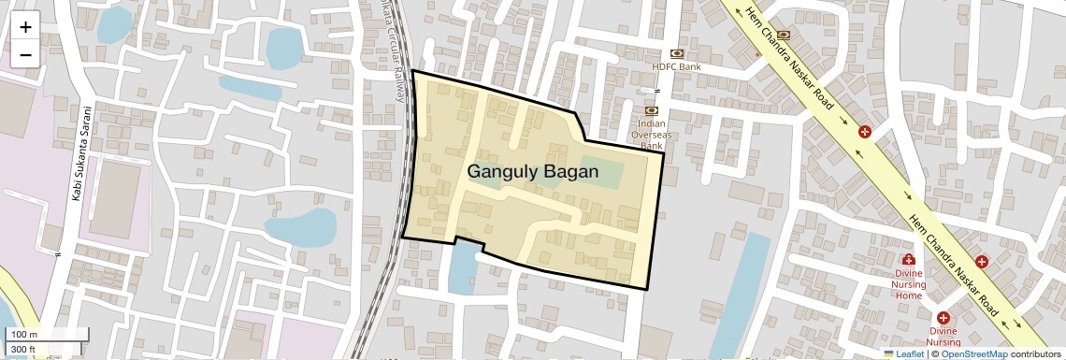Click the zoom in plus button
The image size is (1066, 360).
(25, 27)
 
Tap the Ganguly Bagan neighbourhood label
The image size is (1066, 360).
(532, 172)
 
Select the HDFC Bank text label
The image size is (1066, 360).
(676, 67)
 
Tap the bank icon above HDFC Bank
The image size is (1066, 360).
(676, 53)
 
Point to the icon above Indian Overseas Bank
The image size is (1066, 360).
(651, 110)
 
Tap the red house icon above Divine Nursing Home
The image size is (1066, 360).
(908, 259)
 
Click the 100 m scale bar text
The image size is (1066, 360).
(23, 335)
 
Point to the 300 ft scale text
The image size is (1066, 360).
(23, 350)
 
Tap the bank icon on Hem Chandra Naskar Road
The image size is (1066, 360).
(784, 36)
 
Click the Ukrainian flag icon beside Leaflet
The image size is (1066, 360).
(889, 353)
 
